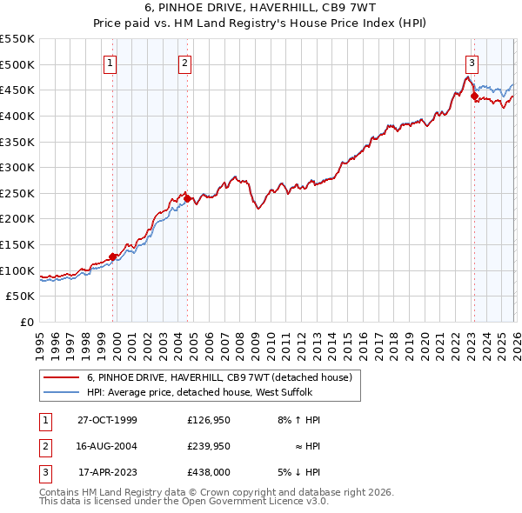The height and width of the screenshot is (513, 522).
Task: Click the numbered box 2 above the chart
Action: tap(186, 62)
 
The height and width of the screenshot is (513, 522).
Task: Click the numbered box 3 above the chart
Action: tap(472, 62)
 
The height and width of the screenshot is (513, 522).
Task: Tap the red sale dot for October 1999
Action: tap(113, 256)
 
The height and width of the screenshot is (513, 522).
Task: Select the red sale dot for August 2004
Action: tap(187, 198)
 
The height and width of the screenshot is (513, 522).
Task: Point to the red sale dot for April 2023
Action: tap(474, 97)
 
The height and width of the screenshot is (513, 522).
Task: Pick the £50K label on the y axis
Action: tap(21, 296)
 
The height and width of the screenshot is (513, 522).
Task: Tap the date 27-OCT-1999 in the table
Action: tap(107, 420)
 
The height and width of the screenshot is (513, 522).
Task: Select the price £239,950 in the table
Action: tap(212, 446)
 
